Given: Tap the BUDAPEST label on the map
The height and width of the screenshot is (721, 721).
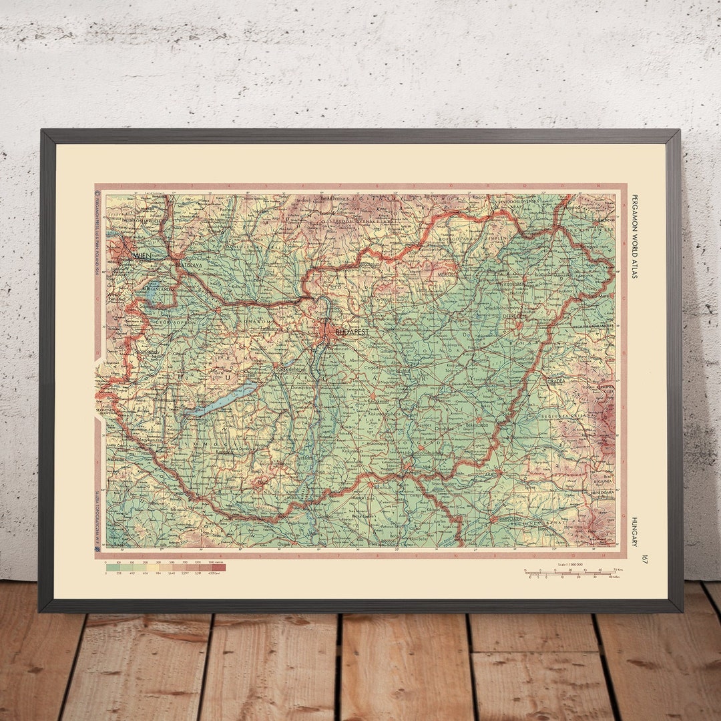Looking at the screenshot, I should pos(352,331).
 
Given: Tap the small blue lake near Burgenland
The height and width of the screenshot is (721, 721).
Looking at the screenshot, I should pos(152,290).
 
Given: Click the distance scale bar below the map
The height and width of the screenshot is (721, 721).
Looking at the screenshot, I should pos(571,573).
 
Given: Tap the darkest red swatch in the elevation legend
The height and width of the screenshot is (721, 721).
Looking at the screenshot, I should pos(220,567).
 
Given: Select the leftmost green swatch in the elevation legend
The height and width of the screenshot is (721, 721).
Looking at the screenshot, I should pos(111,567).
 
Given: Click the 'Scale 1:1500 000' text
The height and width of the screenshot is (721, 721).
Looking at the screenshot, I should pos(571,565).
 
